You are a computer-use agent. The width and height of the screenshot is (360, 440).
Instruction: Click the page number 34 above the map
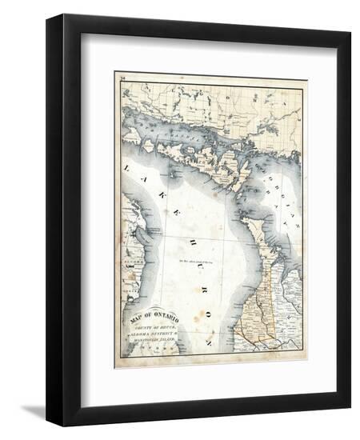click(x=122, y=79)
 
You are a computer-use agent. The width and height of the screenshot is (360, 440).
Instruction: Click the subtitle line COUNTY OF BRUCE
click(x=154, y=328)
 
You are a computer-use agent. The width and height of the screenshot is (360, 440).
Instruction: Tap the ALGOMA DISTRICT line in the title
click(x=154, y=335)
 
